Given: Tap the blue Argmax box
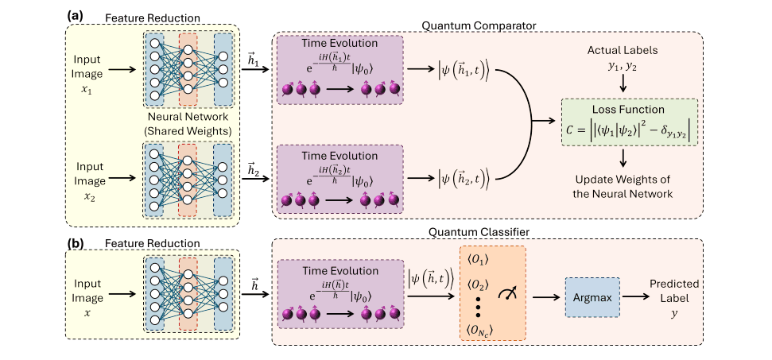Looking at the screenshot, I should click(x=592, y=296).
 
